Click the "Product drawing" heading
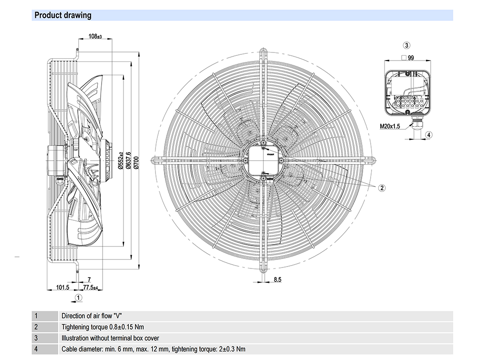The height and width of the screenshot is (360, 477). point(63,15)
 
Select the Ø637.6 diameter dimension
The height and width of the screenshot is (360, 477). point(128,161)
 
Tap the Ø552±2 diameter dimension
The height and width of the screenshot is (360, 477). point(121,160)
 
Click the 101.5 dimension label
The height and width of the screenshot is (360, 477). point(63,288)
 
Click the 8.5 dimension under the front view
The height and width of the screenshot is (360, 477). point(278,280)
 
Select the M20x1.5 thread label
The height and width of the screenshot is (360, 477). point(390,126)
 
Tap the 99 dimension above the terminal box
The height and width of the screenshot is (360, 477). point(410,58)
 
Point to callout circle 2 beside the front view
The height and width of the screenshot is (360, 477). point(382,187)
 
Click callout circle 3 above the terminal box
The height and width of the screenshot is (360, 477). point(406,46)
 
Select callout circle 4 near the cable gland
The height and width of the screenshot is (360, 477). point(429,135)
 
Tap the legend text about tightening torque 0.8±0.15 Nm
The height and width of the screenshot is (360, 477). point(103,327)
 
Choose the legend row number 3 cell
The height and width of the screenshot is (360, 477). point(36,338)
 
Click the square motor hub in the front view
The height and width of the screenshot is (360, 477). point(263,160)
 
